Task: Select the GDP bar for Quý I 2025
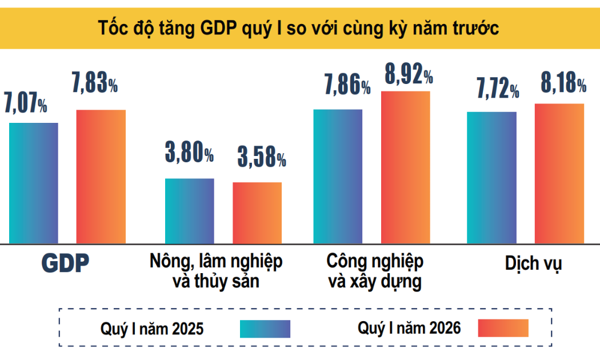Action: (x=33, y=183)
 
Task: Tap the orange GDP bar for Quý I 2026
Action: (x=101, y=177)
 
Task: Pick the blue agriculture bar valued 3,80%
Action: (x=189, y=211)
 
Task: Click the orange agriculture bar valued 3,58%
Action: (x=257, y=213)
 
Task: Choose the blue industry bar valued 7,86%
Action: (x=338, y=176)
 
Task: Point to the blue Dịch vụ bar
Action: (x=491, y=177)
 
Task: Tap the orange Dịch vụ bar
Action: (x=559, y=173)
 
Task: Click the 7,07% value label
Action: (x=25, y=105)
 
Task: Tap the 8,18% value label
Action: (x=563, y=84)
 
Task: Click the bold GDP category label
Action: (x=66, y=263)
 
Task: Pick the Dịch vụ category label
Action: (x=533, y=263)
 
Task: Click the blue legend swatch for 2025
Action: (x=265, y=329)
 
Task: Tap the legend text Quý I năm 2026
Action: (x=409, y=328)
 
